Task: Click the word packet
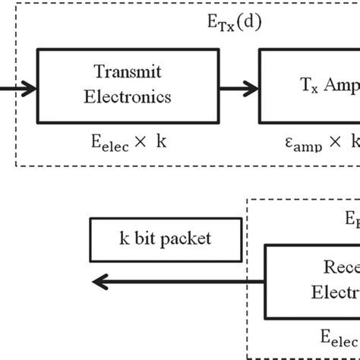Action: coord(185,239)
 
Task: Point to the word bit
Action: coord(142,239)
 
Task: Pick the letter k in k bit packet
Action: coord(123,239)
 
